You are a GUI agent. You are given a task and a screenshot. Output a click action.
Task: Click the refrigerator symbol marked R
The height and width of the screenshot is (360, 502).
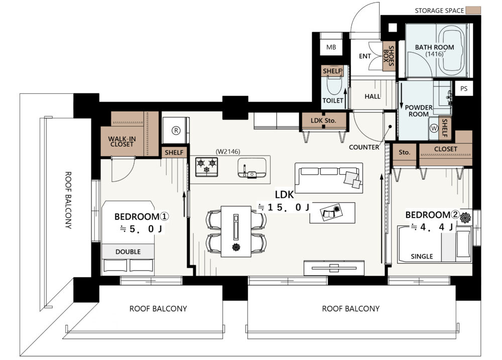coord(176,131)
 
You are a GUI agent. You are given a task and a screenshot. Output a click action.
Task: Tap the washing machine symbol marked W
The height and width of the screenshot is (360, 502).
coord(434,128)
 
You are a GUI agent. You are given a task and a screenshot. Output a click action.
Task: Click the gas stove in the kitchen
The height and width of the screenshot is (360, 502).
coord(206,167)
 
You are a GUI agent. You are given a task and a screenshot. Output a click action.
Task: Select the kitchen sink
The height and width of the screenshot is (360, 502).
coord(252,168)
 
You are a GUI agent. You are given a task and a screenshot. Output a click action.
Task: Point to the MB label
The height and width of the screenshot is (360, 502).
coord(331,47)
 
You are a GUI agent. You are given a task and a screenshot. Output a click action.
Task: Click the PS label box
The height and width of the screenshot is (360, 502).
coord(463,89)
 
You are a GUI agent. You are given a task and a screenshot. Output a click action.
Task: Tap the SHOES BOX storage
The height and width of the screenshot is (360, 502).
coord(389,56)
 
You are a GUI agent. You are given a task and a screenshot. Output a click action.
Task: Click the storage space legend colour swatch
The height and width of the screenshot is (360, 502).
coord(473,10)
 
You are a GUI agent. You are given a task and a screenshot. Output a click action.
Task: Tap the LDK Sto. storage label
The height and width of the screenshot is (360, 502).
coord(323,121)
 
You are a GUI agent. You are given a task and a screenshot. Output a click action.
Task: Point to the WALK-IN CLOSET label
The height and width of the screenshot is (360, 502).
coord(122,142)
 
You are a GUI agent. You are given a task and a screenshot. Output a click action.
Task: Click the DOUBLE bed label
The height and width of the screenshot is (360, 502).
coord(128,252)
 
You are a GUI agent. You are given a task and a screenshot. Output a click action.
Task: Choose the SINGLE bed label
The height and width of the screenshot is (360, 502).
coord(422,256)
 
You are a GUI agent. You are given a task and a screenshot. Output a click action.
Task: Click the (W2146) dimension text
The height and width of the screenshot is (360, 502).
coord(228,152)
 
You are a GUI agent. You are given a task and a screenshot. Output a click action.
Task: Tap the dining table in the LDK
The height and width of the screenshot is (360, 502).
coord(236,231)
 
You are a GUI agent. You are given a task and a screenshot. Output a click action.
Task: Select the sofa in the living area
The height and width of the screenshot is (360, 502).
coord(329,178)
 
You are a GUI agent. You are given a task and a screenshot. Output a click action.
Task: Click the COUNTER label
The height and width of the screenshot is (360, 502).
coord(364,147)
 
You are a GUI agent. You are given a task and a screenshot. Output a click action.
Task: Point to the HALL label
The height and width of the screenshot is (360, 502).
coord(372,96)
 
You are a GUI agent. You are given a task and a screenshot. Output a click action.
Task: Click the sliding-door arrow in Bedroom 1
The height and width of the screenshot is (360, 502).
coord(184,204)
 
